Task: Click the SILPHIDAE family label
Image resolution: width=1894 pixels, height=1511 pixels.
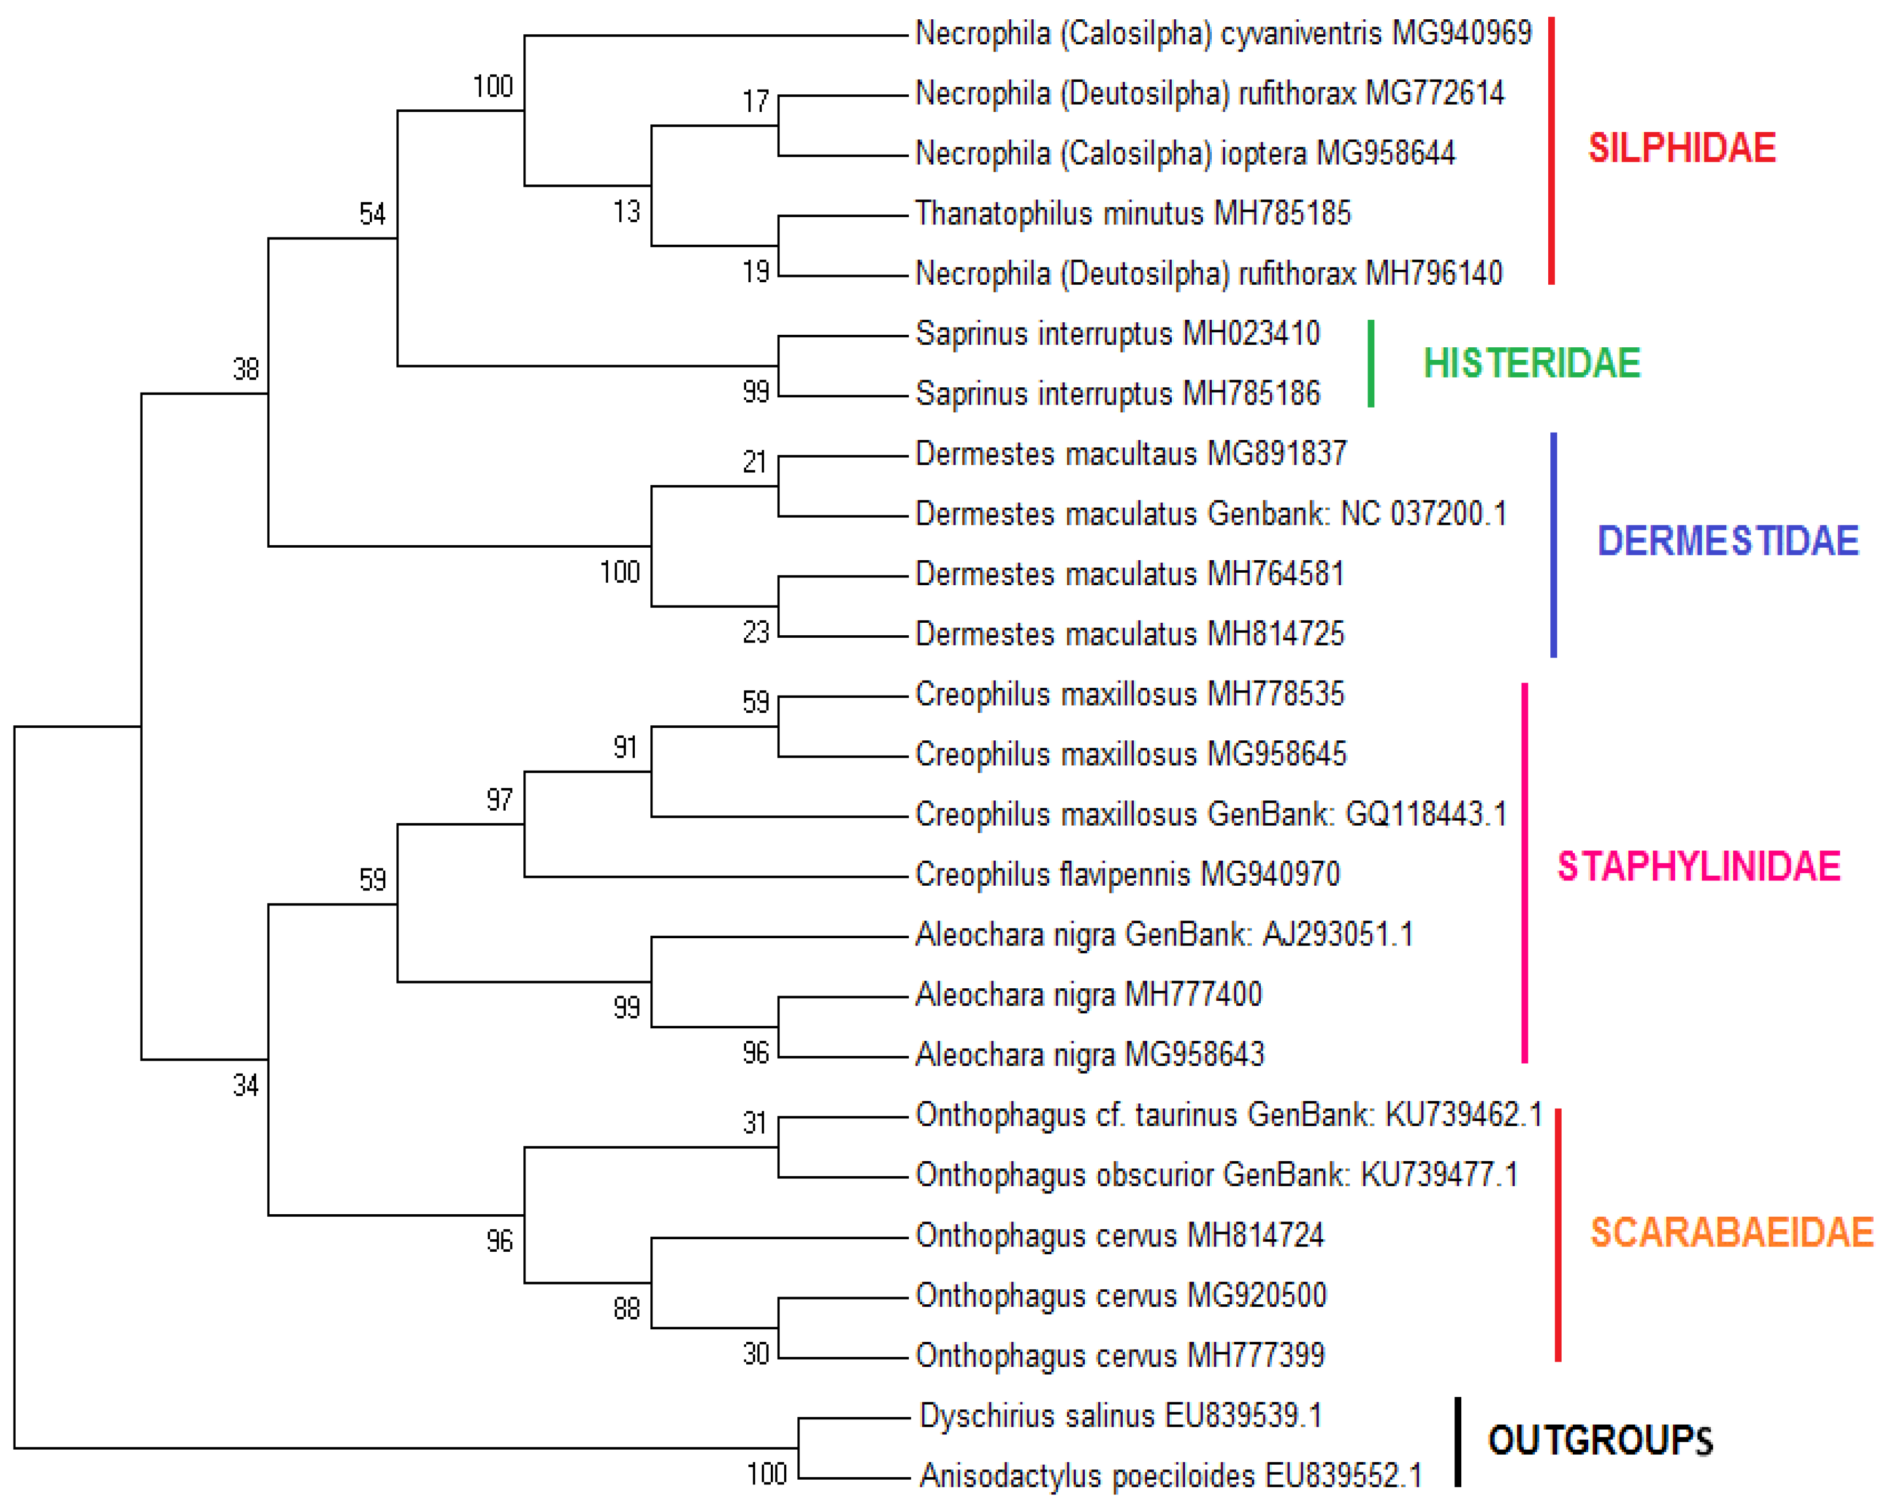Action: pos(1682,147)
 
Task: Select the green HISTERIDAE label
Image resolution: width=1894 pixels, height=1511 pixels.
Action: pos(1531,363)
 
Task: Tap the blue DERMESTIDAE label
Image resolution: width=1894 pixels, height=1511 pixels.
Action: pos(1727,540)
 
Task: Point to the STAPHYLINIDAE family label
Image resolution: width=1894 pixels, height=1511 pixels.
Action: pos(1698,866)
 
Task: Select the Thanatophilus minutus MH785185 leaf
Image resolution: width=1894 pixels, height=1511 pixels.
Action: pos(1132,213)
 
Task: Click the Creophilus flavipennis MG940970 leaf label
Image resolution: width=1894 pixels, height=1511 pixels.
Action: pos(1127,874)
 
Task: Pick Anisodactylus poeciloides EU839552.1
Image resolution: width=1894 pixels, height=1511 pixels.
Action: pos(1170,1476)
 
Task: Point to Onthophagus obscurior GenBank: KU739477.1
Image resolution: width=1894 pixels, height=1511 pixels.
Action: pos(1216,1175)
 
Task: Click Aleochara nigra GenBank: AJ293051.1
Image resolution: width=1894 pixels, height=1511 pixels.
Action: pos(1164,934)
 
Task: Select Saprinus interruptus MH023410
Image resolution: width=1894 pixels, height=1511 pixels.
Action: pos(1118,334)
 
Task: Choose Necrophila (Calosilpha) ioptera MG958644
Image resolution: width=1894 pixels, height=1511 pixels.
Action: pos(1185,154)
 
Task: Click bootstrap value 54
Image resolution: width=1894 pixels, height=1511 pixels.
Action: pos(372,213)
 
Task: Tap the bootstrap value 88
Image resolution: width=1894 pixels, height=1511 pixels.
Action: pos(626,1309)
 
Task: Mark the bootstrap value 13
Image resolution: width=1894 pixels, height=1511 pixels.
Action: pos(626,212)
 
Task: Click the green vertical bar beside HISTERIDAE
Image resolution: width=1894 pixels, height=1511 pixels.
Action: pos(1371,364)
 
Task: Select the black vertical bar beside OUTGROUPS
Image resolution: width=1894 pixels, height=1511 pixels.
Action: pos(1458,1442)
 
